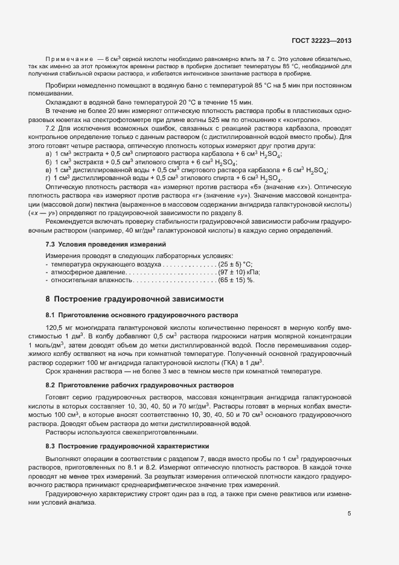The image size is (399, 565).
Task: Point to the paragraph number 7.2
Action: pos(51,130)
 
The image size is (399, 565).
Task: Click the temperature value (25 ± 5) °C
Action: pos(236,265)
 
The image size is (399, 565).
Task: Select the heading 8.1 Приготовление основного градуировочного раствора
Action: pos(142,315)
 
